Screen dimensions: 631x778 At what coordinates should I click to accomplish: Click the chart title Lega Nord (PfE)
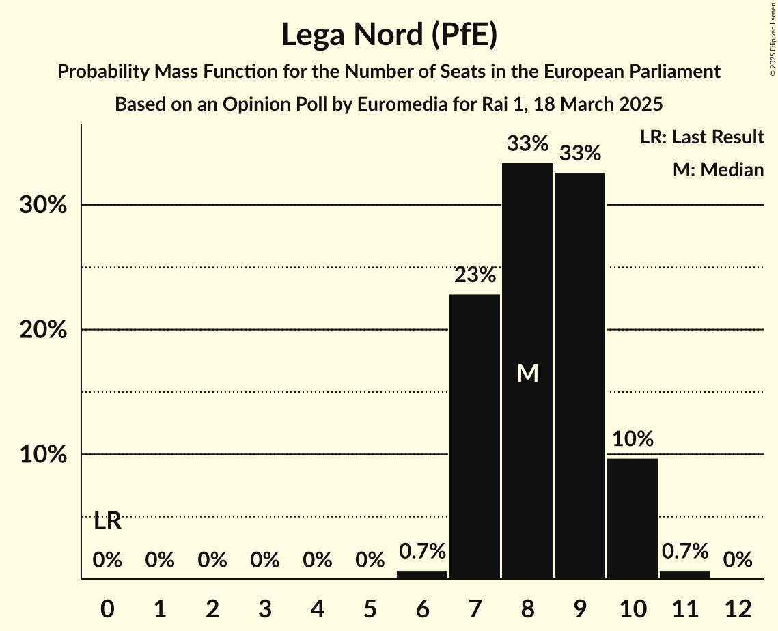point(389,35)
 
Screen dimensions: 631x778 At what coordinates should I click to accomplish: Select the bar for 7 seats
point(475,436)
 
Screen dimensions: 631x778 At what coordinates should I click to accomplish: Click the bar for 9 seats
point(580,376)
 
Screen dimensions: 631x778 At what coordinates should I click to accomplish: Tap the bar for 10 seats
point(633,518)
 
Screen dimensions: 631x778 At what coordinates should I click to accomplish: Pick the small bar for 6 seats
point(422,575)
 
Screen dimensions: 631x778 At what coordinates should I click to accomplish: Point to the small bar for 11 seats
point(685,575)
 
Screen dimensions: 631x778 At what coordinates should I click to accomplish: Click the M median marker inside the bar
point(527,373)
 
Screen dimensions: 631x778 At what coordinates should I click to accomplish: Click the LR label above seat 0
point(107,521)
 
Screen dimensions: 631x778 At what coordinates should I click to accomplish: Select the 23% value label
point(475,275)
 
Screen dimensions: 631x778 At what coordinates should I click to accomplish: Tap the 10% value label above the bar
point(633,439)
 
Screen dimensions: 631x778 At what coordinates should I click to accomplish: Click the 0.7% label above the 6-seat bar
point(422,550)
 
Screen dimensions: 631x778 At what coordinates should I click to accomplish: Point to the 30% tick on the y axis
point(43,205)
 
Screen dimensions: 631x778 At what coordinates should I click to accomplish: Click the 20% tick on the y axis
point(43,330)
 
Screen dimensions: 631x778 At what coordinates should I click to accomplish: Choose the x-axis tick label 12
point(738,608)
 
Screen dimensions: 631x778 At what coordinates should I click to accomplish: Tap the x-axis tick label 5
point(370,608)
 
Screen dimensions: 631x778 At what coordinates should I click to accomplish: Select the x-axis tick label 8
point(527,608)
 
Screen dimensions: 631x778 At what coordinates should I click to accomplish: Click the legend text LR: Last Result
point(701,137)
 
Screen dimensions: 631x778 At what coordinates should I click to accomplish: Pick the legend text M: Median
point(718,169)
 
